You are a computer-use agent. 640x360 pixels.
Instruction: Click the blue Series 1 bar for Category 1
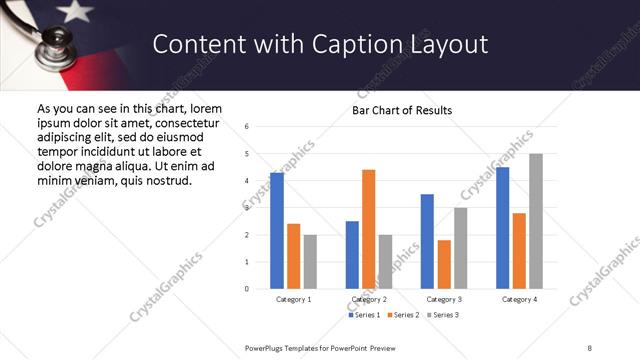pyautogui.click(x=277, y=231)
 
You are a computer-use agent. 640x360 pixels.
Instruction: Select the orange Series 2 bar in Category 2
pyautogui.click(x=368, y=229)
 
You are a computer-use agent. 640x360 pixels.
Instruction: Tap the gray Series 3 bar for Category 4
pyautogui.click(x=536, y=221)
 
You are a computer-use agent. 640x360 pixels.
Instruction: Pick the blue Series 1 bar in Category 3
pyautogui.click(x=427, y=241)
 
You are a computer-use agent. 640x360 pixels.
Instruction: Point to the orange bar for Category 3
pyautogui.click(x=444, y=264)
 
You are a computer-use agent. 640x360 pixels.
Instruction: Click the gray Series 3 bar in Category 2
pyautogui.click(x=385, y=262)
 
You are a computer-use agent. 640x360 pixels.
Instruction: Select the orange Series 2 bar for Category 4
pyautogui.click(x=519, y=251)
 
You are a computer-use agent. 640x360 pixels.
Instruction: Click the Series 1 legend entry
pyautogui.click(x=365, y=315)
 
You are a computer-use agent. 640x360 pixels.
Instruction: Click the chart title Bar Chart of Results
pyautogui.click(x=402, y=110)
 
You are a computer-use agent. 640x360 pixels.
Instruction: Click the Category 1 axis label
pyautogui.click(x=293, y=299)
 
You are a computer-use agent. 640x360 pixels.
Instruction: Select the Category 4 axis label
pyautogui.click(x=519, y=299)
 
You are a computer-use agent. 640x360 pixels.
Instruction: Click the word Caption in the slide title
pyautogui.click(x=376, y=44)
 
